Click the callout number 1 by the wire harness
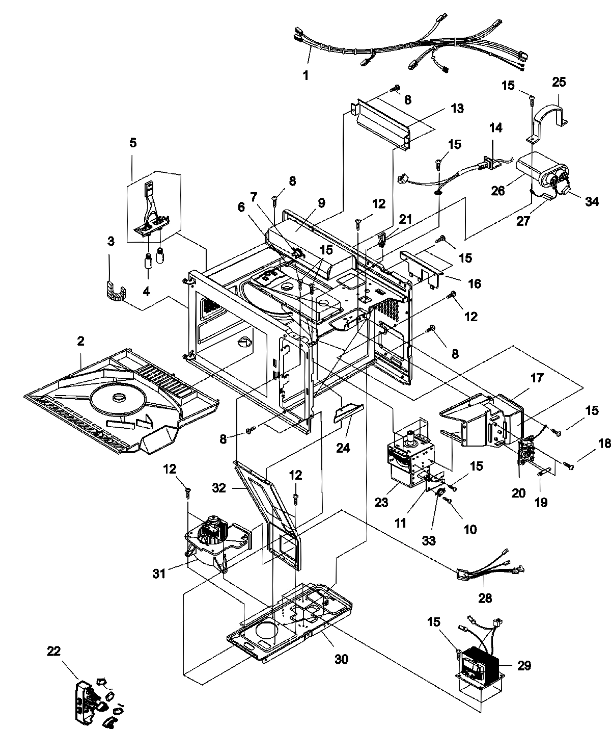pos(305,76)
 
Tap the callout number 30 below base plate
pos(341,659)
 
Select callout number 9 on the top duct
pos(321,202)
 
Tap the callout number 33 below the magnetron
pos(429,540)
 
